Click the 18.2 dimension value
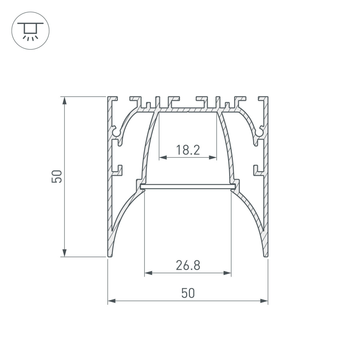tap(188, 150)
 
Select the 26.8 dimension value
tap(188, 265)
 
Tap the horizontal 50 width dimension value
tap(188, 293)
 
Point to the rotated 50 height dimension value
tap(58, 176)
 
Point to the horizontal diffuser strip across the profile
tap(188, 186)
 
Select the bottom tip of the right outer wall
tap(265, 255)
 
